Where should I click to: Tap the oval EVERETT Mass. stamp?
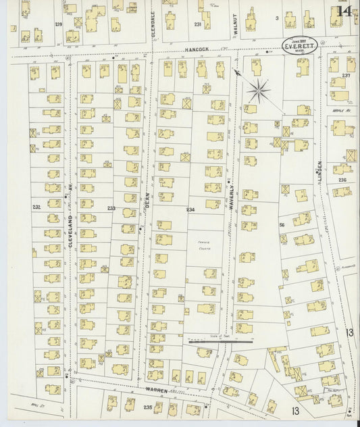tap(299, 46)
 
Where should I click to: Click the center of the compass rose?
tap(258, 89)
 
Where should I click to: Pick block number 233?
tap(111, 209)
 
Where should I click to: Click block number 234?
tap(190, 209)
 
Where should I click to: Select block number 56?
tap(282, 224)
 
